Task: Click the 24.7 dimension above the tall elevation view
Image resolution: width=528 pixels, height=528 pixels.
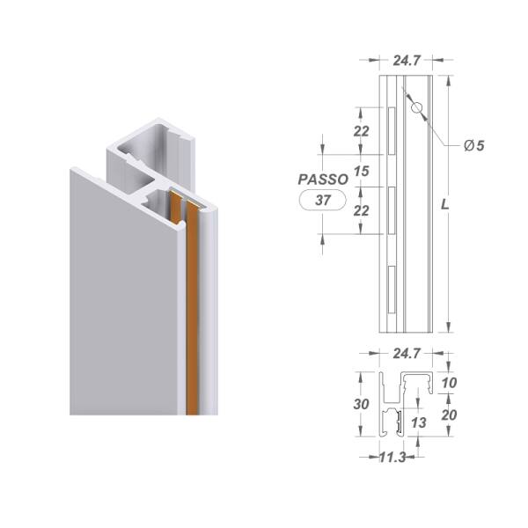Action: pyautogui.click(x=407, y=61)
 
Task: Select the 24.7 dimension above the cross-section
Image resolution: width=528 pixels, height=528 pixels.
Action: pyautogui.click(x=407, y=354)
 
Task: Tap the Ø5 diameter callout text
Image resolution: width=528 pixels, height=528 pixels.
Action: pyautogui.click(x=474, y=145)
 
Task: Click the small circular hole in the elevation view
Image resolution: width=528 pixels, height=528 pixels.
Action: pyautogui.click(x=417, y=107)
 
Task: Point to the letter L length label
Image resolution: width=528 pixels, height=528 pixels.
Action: pyautogui.click(x=445, y=204)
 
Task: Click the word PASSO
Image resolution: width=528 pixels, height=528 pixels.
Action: pyautogui.click(x=323, y=180)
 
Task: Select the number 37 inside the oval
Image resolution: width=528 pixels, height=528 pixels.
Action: pyautogui.click(x=323, y=201)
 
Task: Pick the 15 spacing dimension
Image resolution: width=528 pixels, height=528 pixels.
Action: pyautogui.click(x=362, y=171)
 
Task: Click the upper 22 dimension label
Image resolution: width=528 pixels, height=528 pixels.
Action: pyautogui.click(x=362, y=131)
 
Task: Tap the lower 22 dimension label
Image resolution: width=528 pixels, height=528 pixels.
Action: pyautogui.click(x=362, y=211)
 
